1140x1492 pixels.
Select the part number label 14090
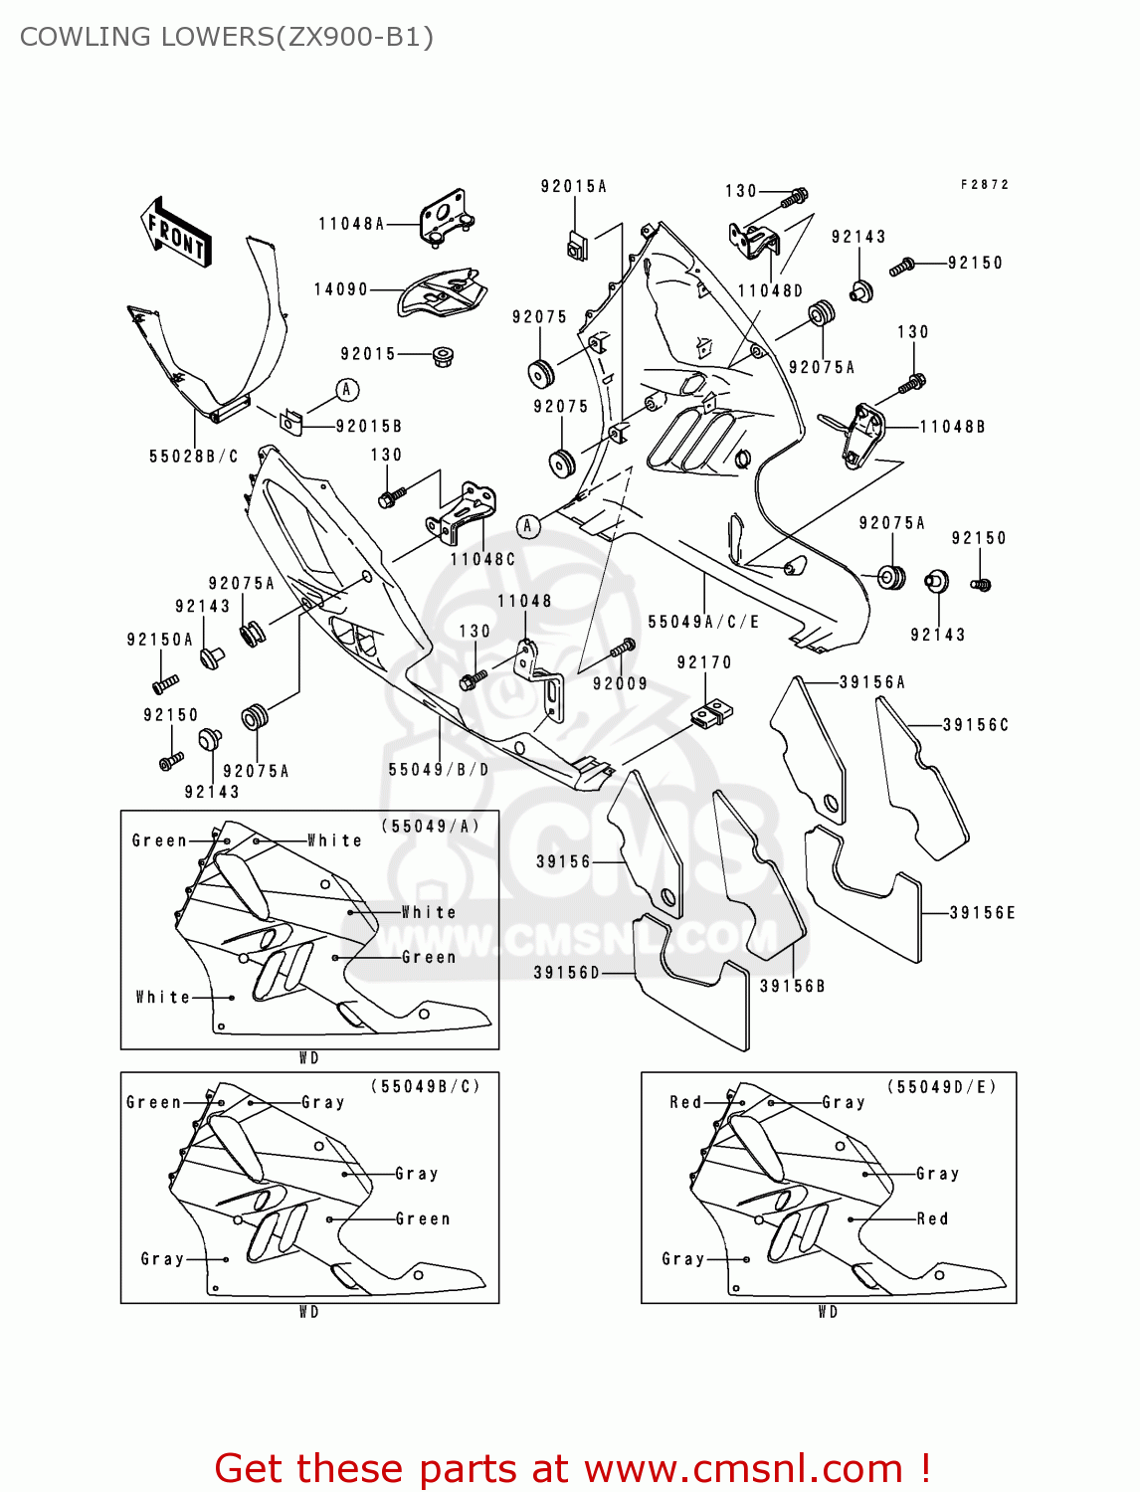(x=341, y=289)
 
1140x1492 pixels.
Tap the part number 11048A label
(x=351, y=224)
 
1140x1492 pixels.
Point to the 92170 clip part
(x=712, y=712)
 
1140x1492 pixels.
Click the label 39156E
(x=982, y=913)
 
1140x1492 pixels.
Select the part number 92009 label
(x=620, y=683)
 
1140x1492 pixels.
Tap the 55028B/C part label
(x=194, y=457)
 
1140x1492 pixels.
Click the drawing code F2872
(x=985, y=185)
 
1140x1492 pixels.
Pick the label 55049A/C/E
(x=703, y=622)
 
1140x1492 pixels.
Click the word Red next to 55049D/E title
(x=685, y=1102)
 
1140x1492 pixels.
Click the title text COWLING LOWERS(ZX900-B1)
(x=227, y=37)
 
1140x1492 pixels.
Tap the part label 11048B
(x=952, y=427)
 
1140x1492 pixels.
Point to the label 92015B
(x=369, y=427)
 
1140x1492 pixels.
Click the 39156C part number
(x=976, y=725)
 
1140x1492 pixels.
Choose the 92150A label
(x=160, y=640)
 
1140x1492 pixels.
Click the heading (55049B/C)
(x=425, y=1086)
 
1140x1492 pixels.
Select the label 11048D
(x=770, y=290)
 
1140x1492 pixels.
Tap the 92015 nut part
(x=441, y=354)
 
